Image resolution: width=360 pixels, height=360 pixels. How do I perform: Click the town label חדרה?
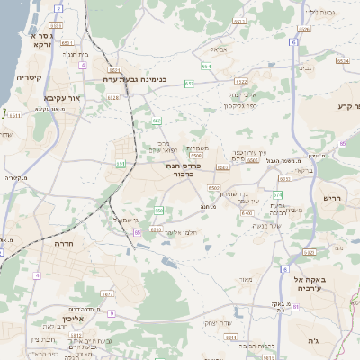[x=63, y=244]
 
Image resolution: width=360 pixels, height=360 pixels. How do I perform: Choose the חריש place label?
[x=332, y=198]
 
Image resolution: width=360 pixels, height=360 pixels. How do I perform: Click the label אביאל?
[x=220, y=49]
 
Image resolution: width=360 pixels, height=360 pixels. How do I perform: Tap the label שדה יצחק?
[x=220, y=322]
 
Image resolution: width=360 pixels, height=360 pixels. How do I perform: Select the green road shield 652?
[x=157, y=121]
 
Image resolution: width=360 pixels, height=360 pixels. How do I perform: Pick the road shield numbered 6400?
[x=247, y=213]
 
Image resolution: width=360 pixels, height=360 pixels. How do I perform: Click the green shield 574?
[x=278, y=194]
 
